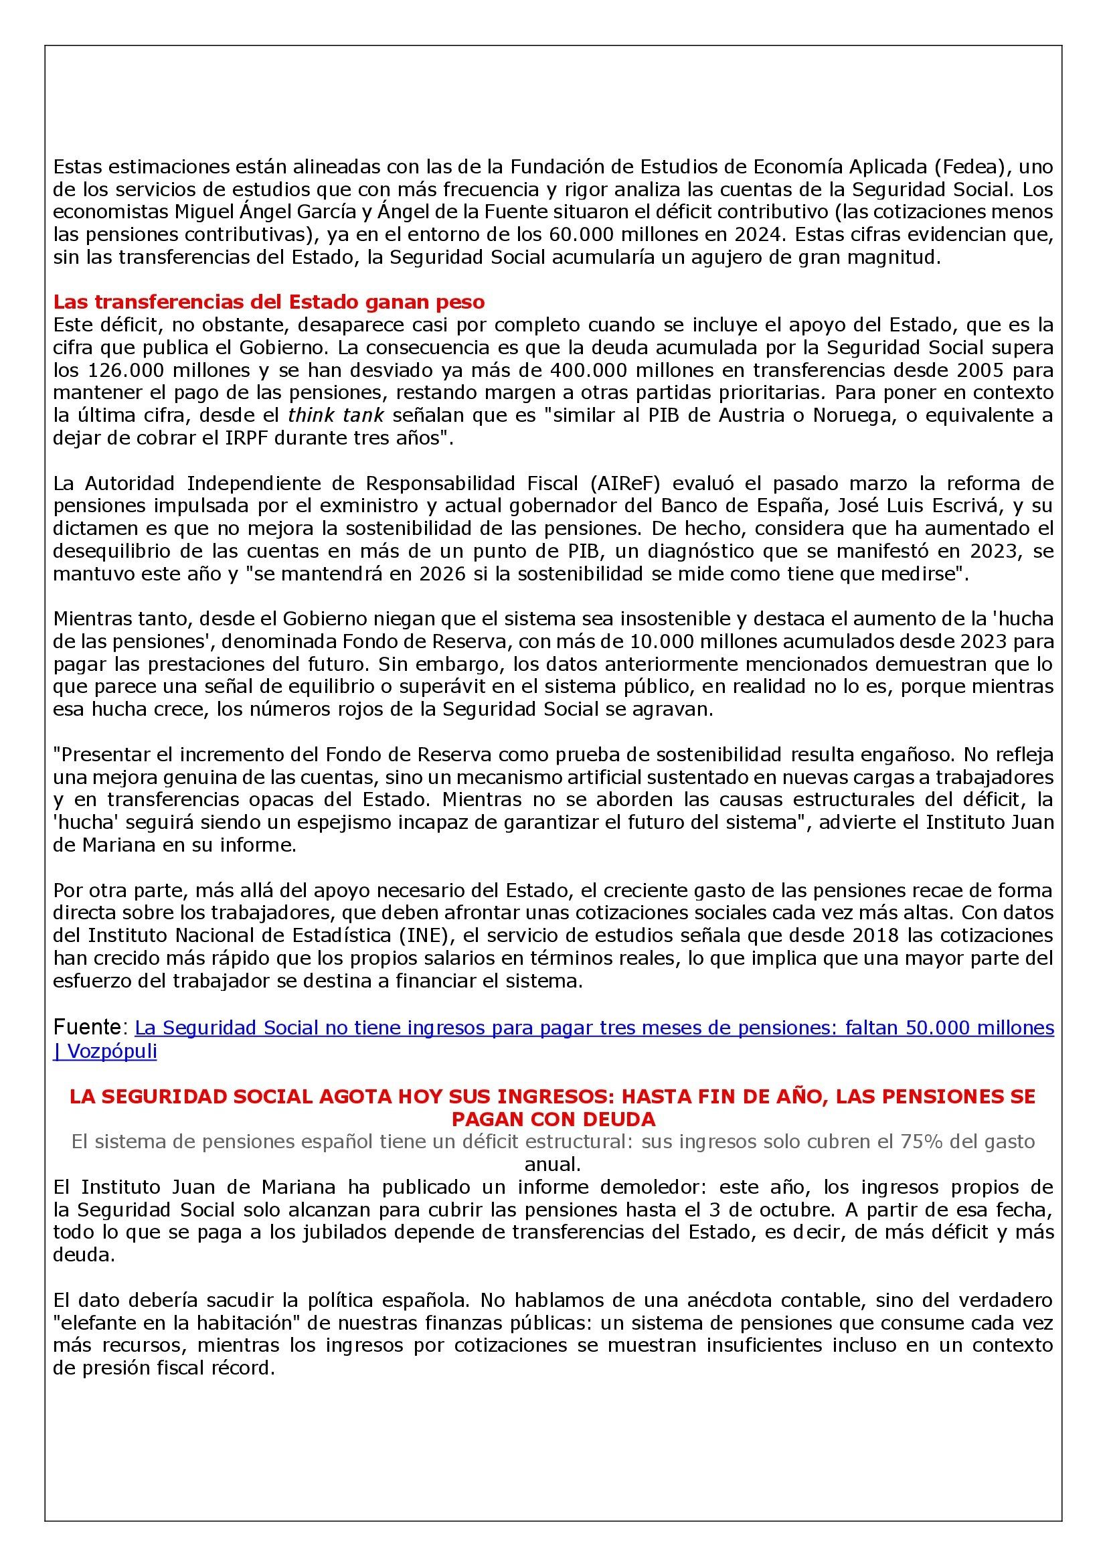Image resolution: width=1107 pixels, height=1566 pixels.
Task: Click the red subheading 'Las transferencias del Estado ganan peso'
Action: pyautogui.click(x=268, y=302)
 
